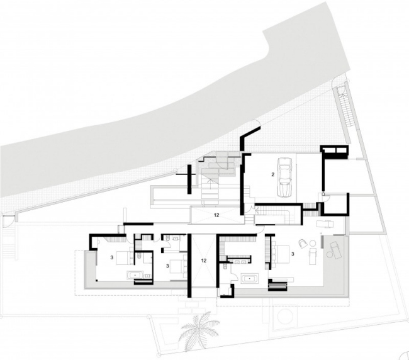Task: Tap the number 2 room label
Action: click(x=273, y=174)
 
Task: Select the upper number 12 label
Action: click(x=216, y=215)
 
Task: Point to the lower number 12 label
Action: click(x=204, y=261)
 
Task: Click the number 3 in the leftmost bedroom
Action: click(x=111, y=257)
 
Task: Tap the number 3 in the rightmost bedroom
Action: click(x=293, y=254)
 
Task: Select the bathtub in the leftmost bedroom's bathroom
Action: click(x=135, y=275)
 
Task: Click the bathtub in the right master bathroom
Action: click(x=250, y=278)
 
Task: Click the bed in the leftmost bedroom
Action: click(x=123, y=257)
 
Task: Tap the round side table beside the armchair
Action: click(x=313, y=244)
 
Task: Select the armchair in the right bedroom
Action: click(x=303, y=244)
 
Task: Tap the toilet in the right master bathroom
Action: click(x=225, y=267)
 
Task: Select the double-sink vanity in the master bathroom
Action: click(x=239, y=261)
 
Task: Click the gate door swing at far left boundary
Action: click(x=7, y=222)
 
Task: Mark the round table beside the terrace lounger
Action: click(x=329, y=254)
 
